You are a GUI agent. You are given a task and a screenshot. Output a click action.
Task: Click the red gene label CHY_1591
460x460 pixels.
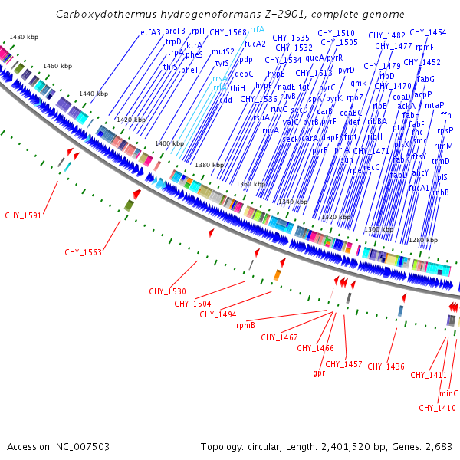(x=23, y=215)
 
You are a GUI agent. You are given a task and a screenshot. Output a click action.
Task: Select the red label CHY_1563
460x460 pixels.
(x=83, y=251)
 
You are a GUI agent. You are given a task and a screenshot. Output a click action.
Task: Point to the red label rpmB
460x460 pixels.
(x=245, y=325)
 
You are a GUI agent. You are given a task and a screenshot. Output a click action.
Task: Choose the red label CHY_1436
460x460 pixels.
(x=386, y=366)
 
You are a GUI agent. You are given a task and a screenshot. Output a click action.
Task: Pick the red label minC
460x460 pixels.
(x=449, y=393)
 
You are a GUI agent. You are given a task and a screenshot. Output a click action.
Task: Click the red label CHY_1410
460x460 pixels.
(x=437, y=407)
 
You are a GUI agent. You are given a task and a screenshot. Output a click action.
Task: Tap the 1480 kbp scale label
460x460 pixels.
(x=24, y=37)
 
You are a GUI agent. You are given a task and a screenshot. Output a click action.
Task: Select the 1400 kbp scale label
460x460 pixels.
(x=169, y=143)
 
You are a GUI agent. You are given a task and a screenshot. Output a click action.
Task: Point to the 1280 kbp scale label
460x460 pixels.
(x=422, y=241)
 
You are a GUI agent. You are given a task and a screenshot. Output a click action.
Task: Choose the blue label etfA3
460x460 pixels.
(x=151, y=32)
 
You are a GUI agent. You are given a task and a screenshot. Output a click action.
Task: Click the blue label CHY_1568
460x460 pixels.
(x=228, y=32)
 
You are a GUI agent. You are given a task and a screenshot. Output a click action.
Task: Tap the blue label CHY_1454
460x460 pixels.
(x=428, y=32)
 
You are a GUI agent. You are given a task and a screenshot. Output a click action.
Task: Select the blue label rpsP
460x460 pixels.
(x=445, y=130)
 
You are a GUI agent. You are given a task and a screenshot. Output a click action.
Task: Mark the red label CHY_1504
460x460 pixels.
(x=192, y=303)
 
